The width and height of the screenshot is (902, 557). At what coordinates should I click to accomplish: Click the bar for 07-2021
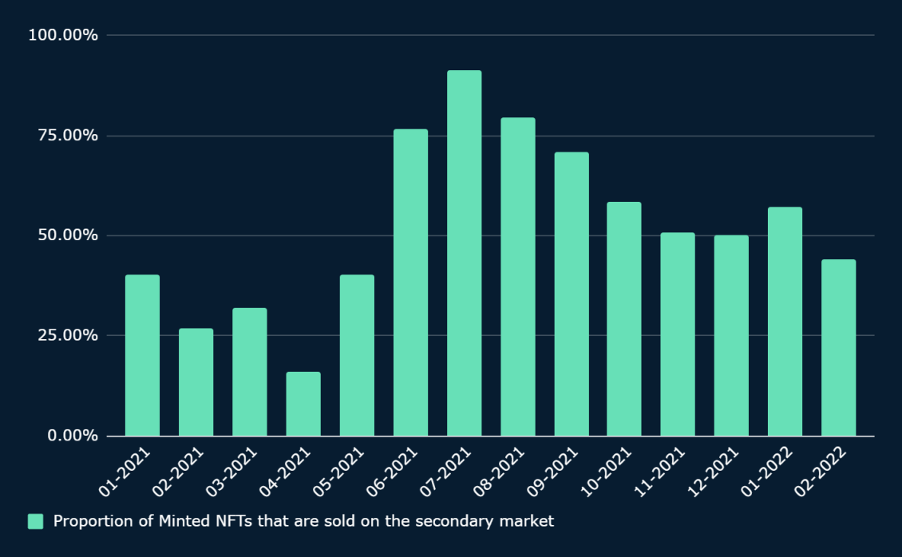click(464, 253)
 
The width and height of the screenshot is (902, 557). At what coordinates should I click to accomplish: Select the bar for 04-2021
click(303, 404)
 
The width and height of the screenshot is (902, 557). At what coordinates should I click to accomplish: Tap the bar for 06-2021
click(410, 282)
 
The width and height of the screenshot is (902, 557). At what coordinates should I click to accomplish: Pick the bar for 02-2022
click(838, 347)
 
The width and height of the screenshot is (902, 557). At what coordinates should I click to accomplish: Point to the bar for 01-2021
click(142, 355)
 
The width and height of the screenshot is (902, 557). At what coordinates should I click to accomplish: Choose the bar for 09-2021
click(572, 294)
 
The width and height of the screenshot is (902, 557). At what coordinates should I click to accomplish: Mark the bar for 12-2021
click(731, 335)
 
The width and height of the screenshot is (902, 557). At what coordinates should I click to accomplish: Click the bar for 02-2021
click(196, 381)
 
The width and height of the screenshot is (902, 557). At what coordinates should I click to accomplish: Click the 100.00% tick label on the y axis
click(63, 35)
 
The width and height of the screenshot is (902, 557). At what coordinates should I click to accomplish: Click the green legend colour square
click(35, 521)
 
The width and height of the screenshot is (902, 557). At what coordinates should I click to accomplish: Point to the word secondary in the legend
click(459, 521)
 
